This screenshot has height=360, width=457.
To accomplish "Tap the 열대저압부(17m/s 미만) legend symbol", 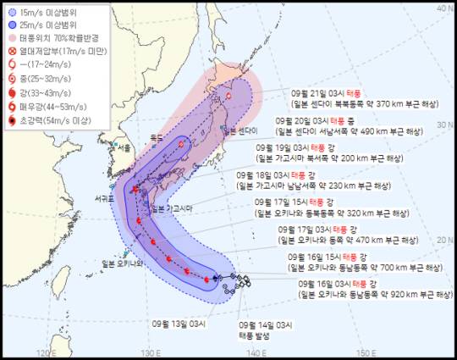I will [12, 51].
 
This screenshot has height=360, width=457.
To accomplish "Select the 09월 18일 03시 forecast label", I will [266, 174].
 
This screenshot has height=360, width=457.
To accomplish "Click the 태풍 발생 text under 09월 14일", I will [272, 335].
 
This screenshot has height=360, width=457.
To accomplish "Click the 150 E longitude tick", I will [365, 352].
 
